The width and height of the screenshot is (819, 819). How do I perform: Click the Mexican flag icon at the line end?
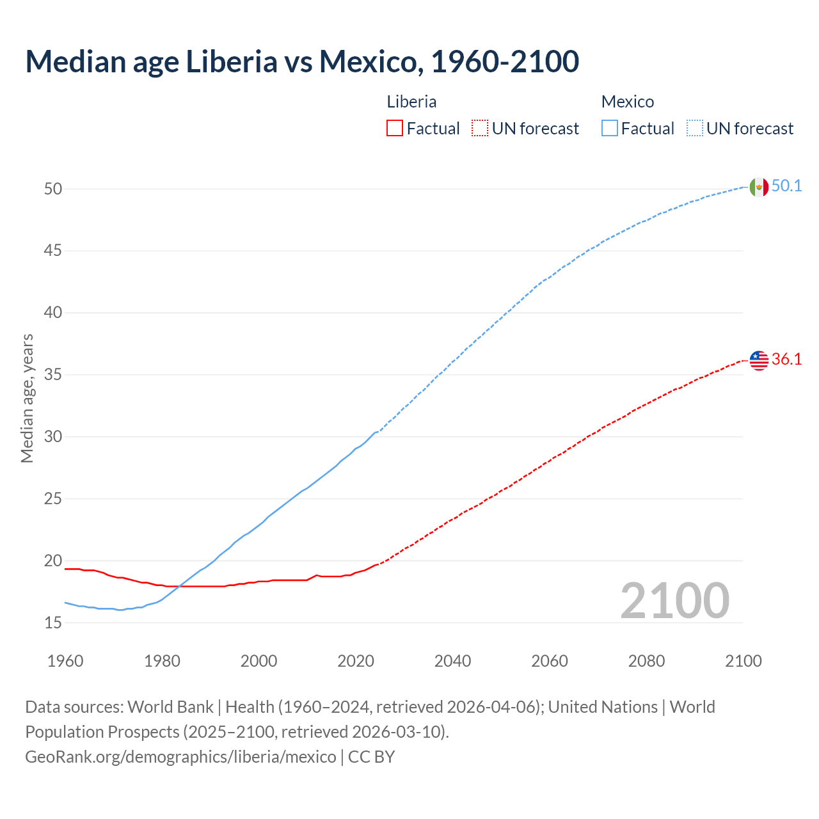click(x=758, y=187)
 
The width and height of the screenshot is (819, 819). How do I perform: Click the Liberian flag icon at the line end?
click(x=758, y=360)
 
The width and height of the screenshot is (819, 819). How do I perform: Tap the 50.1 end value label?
click(x=786, y=186)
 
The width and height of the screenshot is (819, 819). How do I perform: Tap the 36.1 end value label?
click(x=786, y=360)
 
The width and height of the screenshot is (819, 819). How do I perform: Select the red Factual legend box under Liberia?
click(x=395, y=129)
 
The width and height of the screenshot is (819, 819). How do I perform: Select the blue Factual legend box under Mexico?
click(x=609, y=129)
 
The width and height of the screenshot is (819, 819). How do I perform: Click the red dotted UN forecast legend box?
click(x=479, y=129)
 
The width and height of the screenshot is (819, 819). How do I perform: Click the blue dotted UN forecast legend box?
click(x=694, y=129)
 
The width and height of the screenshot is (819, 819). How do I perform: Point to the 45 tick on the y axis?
click(x=53, y=251)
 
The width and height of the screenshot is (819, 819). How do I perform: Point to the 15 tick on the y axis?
click(x=53, y=623)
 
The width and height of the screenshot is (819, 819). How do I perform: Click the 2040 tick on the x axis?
click(x=452, y=661)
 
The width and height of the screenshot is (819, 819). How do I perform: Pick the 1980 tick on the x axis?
click(x=162, y=661)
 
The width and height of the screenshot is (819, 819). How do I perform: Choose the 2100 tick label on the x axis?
click(x=743, y=661)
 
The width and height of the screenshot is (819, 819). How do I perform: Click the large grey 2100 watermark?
click(x=674, y=601)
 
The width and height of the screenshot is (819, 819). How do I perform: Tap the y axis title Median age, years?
click(x=27, y=398)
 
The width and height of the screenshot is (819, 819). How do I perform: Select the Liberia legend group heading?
click(x=411, y=102)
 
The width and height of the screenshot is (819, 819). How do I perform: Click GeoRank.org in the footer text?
click(x=74, y=757)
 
